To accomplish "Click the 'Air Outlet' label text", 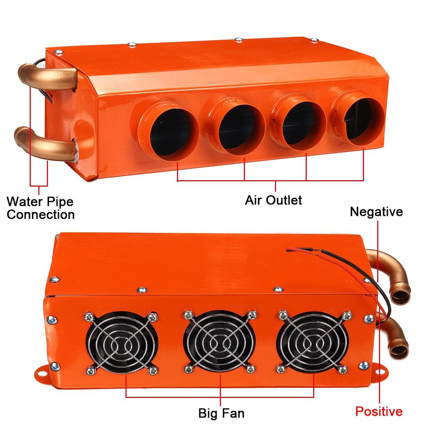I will tap(273, 200).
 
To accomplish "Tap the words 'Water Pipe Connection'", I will tap(40, 208).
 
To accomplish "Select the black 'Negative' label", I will tap(376, 212).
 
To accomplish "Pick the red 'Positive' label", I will tap(379, 411).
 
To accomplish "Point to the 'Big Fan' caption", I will tap(221, 413).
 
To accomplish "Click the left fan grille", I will tap(122, 342).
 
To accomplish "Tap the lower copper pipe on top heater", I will tap(46, 142).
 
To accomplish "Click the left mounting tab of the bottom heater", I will tap(44, 371).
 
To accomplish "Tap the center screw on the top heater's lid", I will tap(239, 40).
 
